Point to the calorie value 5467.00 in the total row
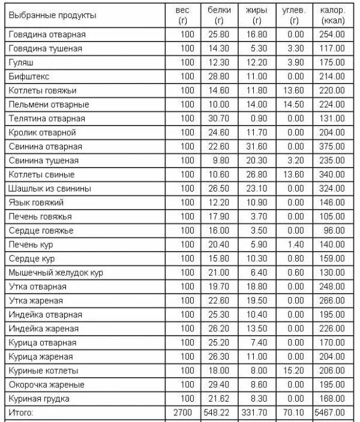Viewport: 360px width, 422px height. point(331,412)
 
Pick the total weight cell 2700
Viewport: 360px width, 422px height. point(184,412)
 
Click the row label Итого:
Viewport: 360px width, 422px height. point(21,412)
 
